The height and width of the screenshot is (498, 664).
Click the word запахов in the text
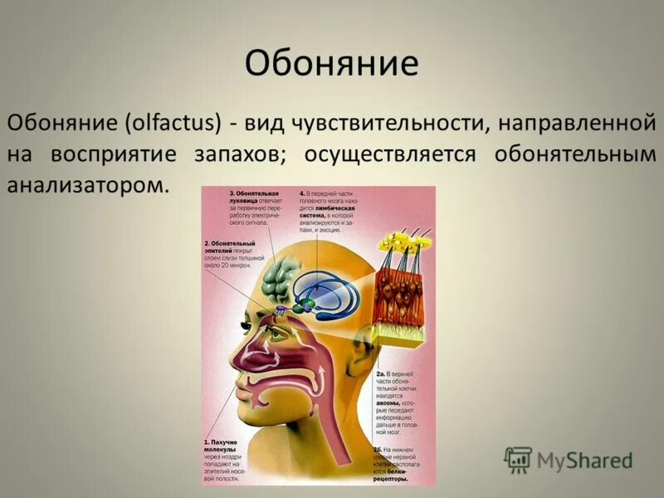coord(242,154)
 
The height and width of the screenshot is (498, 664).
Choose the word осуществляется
coord(390,154)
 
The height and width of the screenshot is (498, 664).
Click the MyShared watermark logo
coord(569,459)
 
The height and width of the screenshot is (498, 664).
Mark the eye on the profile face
coord(252,311)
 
